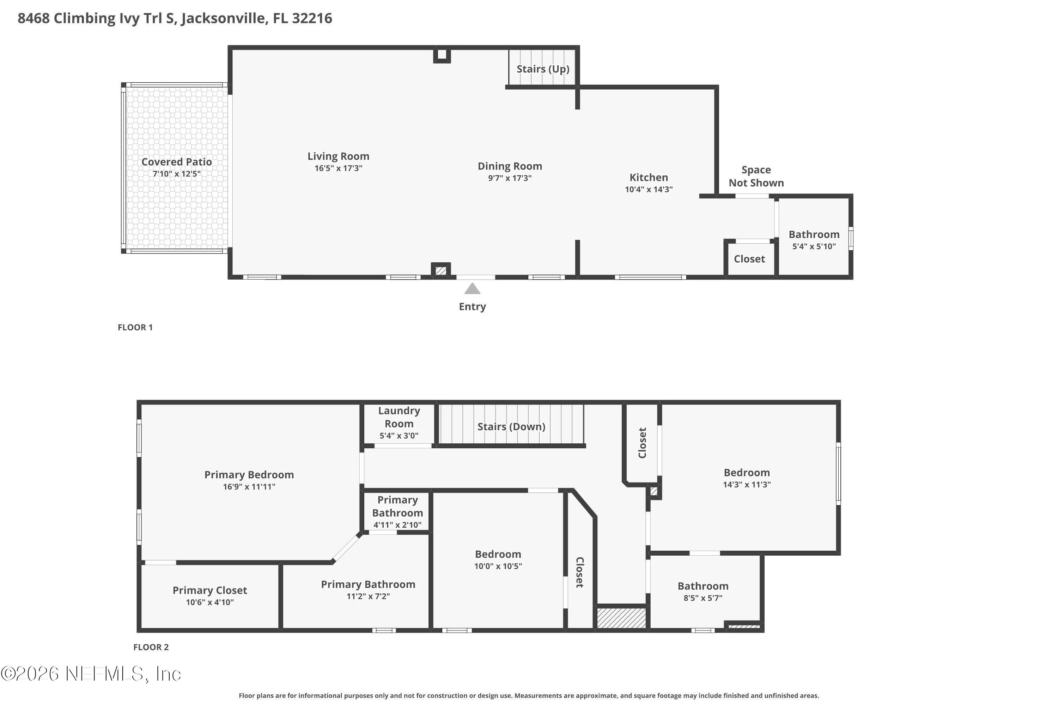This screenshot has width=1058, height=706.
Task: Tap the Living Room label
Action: coord(338,156)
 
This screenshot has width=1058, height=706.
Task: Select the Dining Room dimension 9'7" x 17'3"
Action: coord(510,178)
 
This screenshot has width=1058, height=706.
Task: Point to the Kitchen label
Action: coord(649,178)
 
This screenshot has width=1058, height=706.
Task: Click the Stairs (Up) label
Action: coord(543,69)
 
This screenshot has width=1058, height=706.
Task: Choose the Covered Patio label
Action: coord(177,162)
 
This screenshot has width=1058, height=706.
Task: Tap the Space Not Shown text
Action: coord(756,176)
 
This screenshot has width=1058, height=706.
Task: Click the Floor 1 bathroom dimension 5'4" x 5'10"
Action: coord(814,246)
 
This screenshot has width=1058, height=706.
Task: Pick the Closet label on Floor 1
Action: coord(749,259)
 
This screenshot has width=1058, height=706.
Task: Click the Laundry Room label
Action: coord(399,417)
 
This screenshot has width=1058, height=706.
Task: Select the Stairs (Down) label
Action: coord(511,426)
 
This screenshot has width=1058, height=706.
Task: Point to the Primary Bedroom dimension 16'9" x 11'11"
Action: coord(249,486)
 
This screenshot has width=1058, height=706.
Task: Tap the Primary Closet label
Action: coord(210,590)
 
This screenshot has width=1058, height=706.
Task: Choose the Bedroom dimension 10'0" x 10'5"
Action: coord(498,566)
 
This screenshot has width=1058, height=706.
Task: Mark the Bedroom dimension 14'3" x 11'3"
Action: coord(747,484)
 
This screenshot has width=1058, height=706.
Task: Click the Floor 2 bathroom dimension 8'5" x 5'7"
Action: coord(703,598)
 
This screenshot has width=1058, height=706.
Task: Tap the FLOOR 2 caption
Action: coord(151,647)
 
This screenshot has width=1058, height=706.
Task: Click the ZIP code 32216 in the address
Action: coord(312,18)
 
